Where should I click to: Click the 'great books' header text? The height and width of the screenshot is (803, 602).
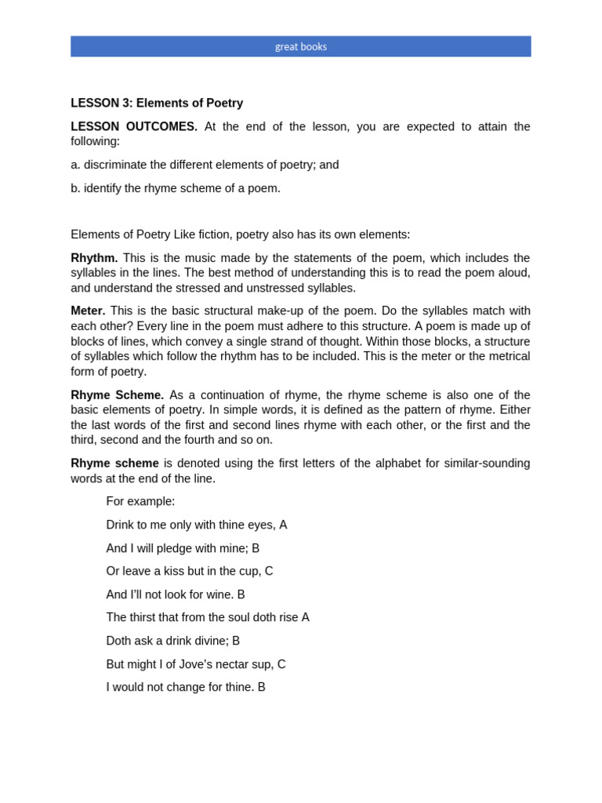coord(300,46)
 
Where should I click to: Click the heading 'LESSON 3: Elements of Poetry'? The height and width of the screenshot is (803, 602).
coord(157,103)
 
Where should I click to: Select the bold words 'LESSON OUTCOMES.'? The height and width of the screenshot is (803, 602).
coord(134,126)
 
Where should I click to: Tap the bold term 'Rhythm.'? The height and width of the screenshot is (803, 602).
coord(94,258)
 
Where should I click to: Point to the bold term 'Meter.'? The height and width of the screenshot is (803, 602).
coord(88,311)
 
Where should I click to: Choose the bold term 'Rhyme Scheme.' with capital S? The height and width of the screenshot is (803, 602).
coord(117,395)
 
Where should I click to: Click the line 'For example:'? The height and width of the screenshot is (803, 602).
coord(140,501)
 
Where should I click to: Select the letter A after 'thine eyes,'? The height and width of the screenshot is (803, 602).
coord(283,525)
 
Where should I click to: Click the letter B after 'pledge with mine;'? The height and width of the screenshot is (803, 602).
coord(256,548)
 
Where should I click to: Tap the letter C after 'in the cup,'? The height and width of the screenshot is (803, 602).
coord(269,571)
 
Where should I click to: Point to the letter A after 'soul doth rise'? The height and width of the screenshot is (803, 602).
coord(305,617)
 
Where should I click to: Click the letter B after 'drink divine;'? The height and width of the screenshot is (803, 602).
coord(236,641)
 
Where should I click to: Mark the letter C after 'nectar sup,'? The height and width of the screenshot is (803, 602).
coord(281,664)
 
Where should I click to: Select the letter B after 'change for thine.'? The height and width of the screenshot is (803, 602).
coord(262,687)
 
